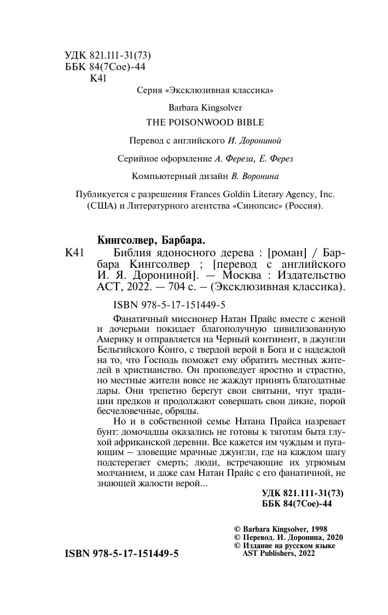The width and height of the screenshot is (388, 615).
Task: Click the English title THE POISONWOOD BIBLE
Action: (x=205, y=122)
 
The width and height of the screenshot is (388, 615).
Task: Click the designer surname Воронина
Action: (x=258, y=176)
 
